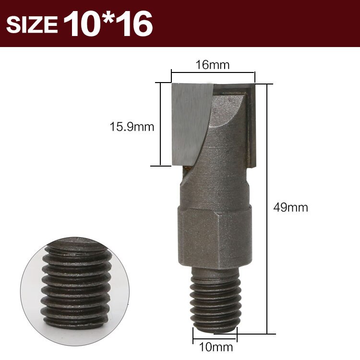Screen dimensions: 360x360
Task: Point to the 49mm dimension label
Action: (290, 208)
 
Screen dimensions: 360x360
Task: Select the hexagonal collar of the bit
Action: (214, 238)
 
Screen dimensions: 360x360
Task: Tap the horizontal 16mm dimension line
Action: (213, 73)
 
